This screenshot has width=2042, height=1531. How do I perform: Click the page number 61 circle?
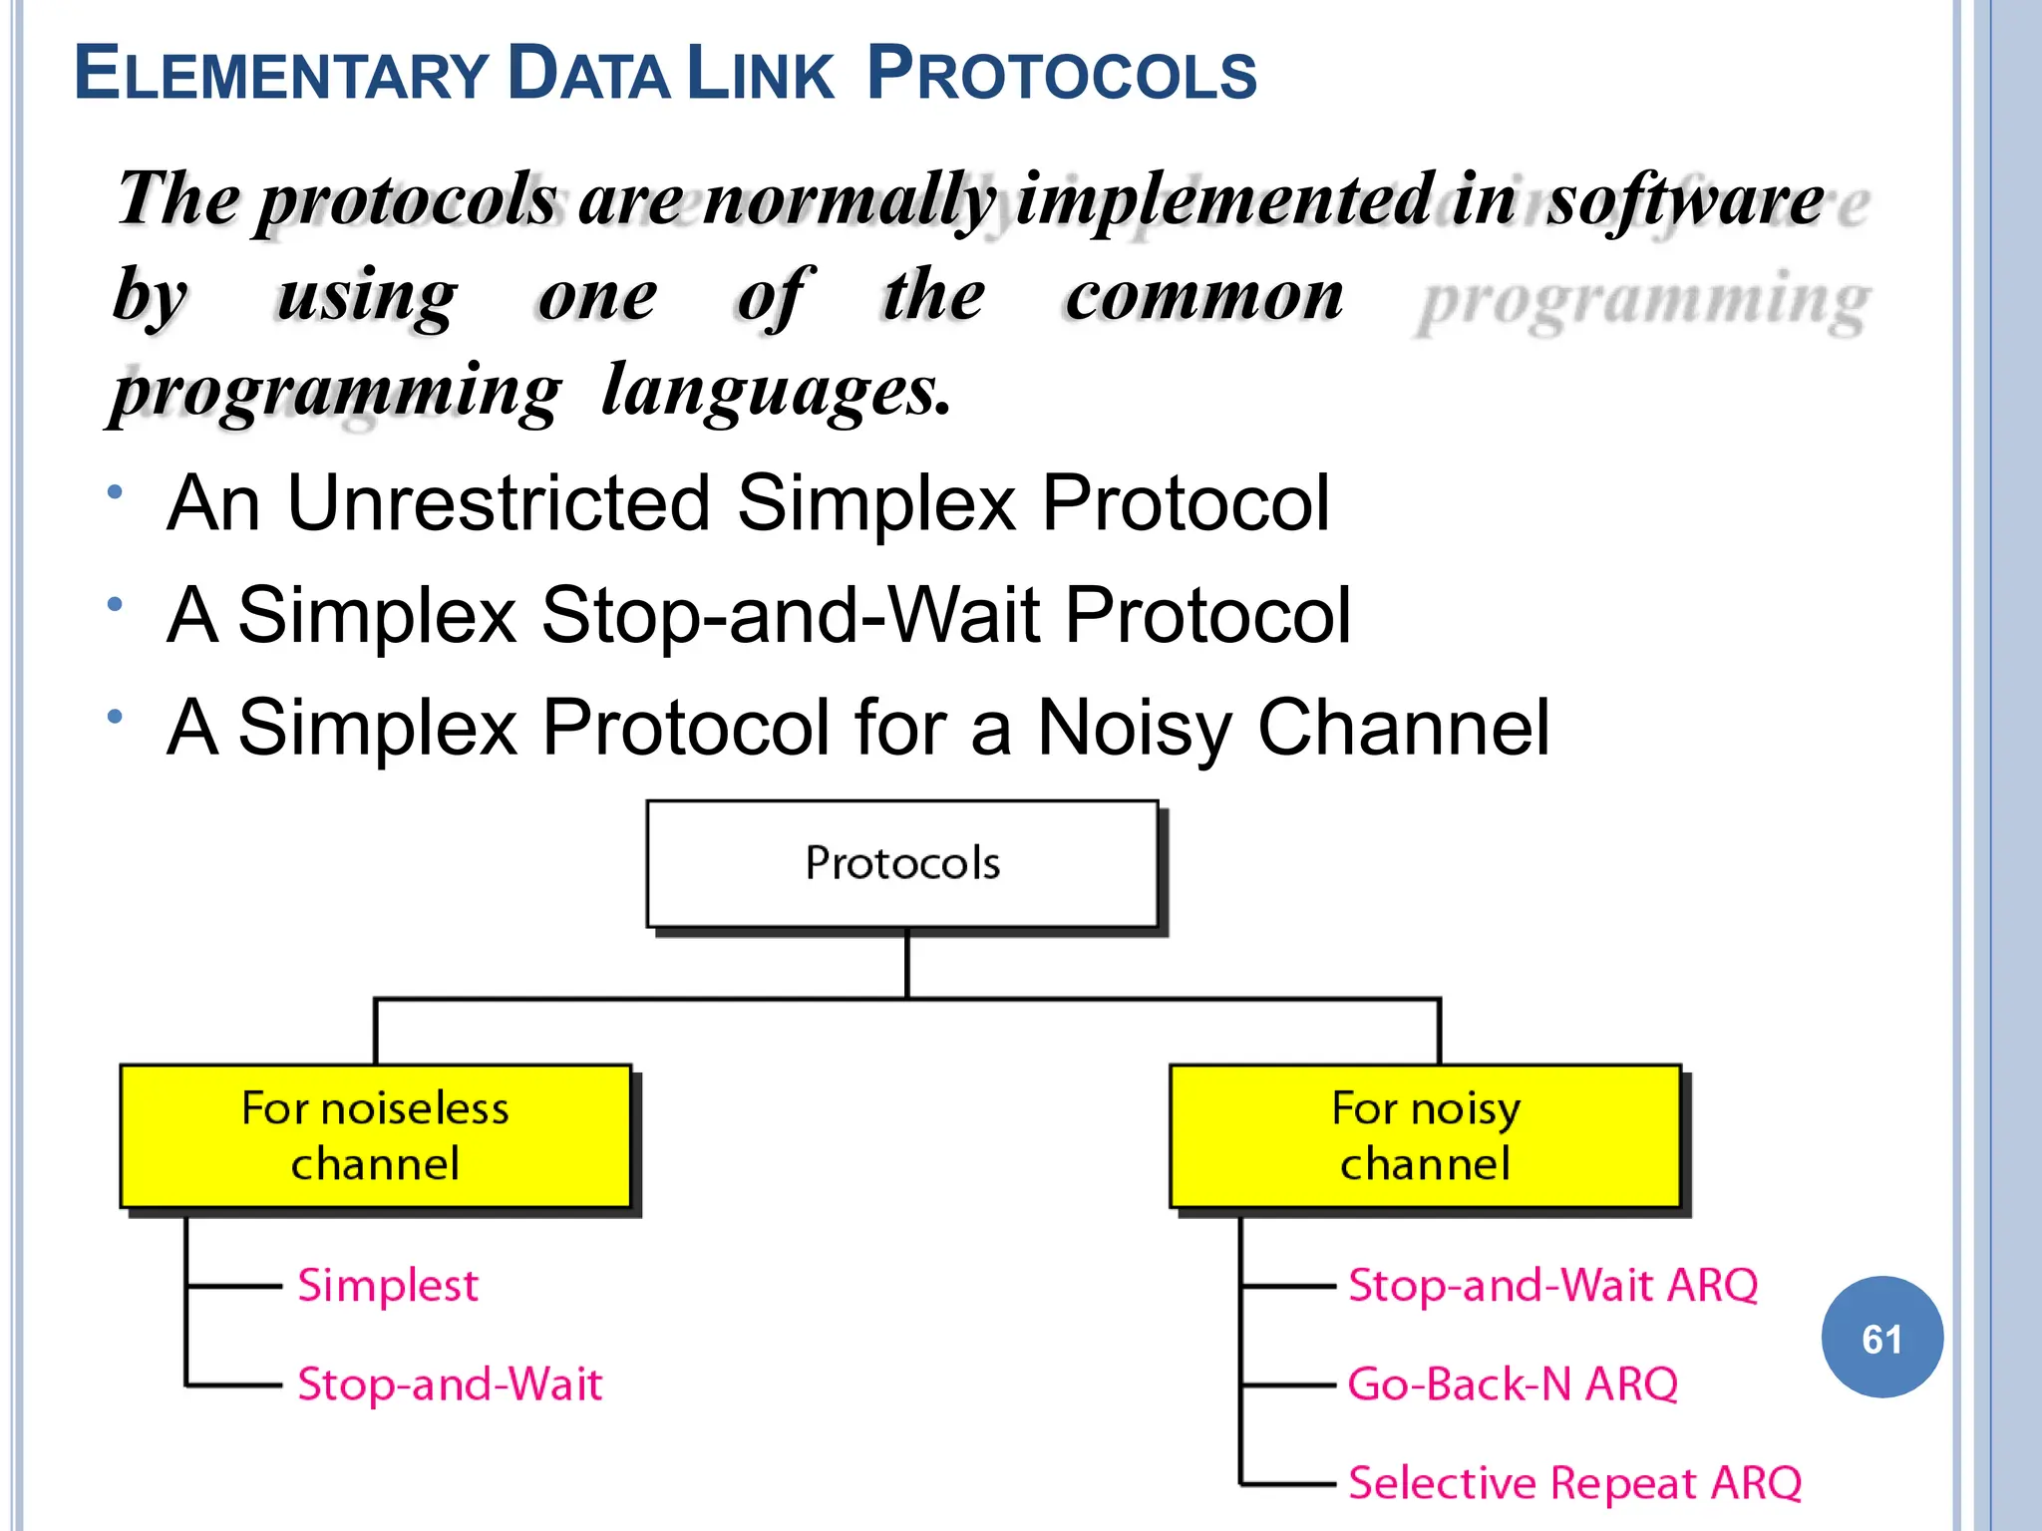pos(1881,1338)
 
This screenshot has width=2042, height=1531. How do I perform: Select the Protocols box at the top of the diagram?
pos(902,863)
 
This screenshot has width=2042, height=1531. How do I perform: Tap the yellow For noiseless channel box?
pos(375,1136)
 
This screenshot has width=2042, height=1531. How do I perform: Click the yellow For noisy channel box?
pos(1425,1136)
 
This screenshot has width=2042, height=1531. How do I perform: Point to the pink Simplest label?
pos(388,1286)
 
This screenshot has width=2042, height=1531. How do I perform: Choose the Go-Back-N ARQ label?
pos(1513,1384)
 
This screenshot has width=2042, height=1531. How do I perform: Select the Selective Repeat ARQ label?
pos(1574,1483)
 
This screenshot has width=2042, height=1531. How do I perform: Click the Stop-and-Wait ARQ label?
pos(1552,1286)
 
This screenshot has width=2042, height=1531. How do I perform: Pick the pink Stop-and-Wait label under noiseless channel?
pos(450,1384)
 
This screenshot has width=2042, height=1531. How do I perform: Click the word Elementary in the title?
pos(280,75)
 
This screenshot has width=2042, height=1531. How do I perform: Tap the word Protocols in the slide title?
pos(1062,75)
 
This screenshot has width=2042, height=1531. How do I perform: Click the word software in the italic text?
pos(1685,200)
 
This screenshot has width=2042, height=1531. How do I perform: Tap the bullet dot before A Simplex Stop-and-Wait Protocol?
pos(116,604)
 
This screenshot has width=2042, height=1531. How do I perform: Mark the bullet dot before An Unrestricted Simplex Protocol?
pos(116,491)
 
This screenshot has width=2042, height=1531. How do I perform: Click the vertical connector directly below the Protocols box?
pos(906,963)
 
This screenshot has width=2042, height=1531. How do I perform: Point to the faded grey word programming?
pos(1643,300)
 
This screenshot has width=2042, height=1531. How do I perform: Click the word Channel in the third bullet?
pos(1403,728)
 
